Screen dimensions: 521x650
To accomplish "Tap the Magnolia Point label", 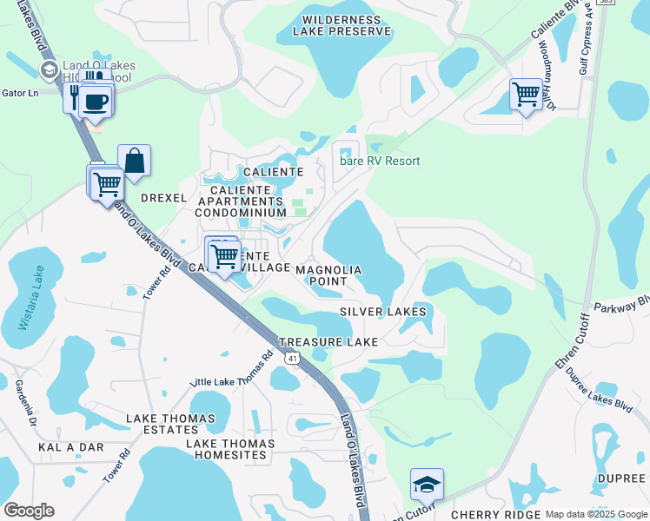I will pyautogui.click(x=328, y=275).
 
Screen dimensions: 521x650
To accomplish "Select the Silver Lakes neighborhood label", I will pyautogui.click(x=383, y=311).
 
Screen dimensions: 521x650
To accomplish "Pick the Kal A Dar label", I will pyautogui.click(x=70, y=447).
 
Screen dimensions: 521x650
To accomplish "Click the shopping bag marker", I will pyautogui.click(x=134, y=162).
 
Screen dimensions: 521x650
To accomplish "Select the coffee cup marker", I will pyautogui.click(x=96, y=102).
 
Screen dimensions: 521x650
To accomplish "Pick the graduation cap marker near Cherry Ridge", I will pyautogui.click(x=427, y=485).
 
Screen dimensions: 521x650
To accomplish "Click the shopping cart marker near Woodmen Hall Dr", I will pyautogui.click(x=526, y=94).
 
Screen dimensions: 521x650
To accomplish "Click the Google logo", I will pyautogui.click(x=29, y=511).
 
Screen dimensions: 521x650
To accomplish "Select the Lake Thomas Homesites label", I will pyautogui.click(x=230, y=449).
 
